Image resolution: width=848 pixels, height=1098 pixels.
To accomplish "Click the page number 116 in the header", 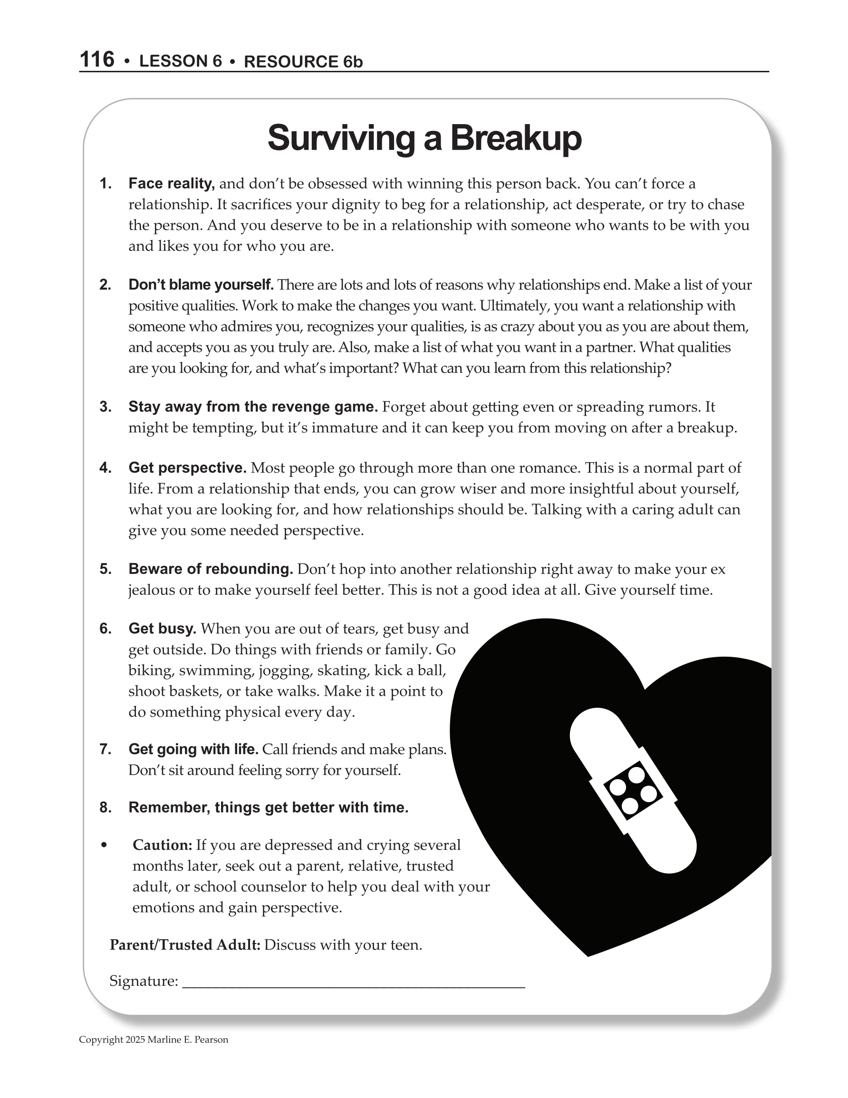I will click(x=97, y=59).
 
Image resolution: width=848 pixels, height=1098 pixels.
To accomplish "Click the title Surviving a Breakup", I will click(x=424, y=138).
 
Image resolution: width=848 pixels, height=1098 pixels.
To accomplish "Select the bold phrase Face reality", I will click(x=172, y=184).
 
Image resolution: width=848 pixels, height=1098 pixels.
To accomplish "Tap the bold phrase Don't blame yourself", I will click(x=201, y=285).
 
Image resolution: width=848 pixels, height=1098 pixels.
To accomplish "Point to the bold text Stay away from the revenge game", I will click(x=253, y=407).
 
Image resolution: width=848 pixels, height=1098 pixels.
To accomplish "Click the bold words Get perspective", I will click(x=187, y=468).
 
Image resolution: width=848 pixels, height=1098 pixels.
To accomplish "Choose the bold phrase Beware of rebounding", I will click(x=211, y=569).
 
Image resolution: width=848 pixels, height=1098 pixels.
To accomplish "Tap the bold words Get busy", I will click(x=163, y=629).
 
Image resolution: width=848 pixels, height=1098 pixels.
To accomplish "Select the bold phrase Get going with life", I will click(x=193, y=749).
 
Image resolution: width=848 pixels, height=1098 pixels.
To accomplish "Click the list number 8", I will click(x=105, y=808).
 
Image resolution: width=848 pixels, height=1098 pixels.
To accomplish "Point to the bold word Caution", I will click(x=163, y=845).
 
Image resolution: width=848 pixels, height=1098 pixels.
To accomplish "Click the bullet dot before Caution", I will click(x=105, y=845).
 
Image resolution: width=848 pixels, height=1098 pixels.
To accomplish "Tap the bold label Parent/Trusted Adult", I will click(x=185, y=945).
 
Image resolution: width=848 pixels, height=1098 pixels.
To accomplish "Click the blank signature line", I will click(x=353, y=986).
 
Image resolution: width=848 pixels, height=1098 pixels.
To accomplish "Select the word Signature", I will click(x=144, y=981).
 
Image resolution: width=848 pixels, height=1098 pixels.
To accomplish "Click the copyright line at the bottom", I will click(x=154, y=1040).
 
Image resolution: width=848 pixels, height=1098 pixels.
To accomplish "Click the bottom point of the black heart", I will click(x=588, y=955).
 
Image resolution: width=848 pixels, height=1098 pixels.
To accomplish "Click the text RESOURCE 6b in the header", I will click(x=303, y=61).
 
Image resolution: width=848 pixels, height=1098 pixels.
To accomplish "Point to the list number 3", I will click(x=105, y=407).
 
